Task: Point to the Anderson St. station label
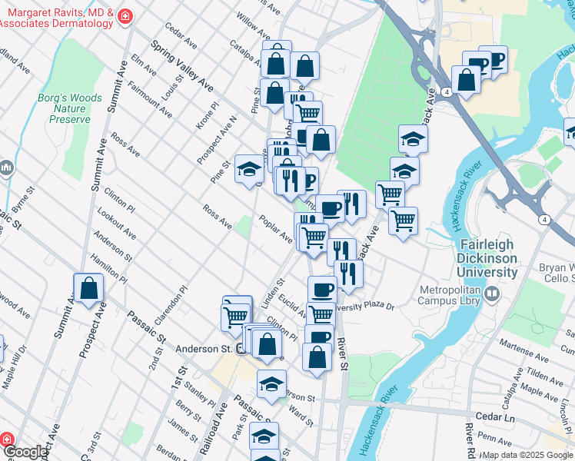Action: coord(204,349)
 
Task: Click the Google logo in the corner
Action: coord(25,453)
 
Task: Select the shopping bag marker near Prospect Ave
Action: coord(89,290)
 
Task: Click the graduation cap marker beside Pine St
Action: coord(249,170)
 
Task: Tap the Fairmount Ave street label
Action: coord(150,100)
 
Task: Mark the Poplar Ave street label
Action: coord(276,229)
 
